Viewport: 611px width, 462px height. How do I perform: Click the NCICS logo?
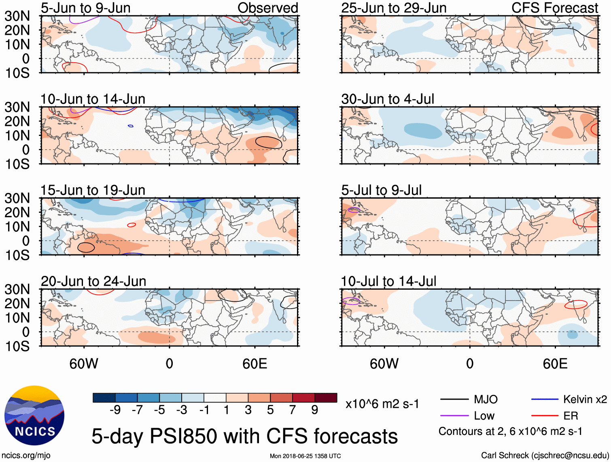[x=34, y=415]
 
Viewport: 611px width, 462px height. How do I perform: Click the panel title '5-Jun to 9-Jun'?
[x=85, y=8]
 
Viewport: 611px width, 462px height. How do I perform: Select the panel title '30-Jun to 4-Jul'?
[x=388, y=99]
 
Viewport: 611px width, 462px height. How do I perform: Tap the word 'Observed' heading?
[x=267, y=8]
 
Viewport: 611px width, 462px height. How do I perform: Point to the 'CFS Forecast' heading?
[x=554, y=8]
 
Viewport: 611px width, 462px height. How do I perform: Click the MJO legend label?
[x=486, y=399]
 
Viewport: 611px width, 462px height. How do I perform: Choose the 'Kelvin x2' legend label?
[x=585, y=399]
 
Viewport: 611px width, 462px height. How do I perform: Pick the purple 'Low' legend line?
[x=454, y=415]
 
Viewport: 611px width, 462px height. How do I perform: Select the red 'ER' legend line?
[x=545, y=415]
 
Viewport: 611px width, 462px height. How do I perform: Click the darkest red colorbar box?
[x=326, y=398]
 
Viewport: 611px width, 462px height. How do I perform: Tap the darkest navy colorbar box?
[x=104, y=398]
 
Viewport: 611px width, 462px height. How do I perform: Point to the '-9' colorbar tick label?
[x=115, y=410]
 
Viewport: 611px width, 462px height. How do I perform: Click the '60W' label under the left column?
[x=84, y=364]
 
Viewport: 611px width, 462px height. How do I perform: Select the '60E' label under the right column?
[x=555, y=364]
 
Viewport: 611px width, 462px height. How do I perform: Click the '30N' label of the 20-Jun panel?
[x=17, y=289]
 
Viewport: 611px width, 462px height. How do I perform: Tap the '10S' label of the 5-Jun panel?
[x=17, y=73]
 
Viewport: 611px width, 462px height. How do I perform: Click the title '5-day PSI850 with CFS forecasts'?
[x=244, y=436]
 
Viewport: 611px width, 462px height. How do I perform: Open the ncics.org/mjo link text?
[x=26, y=455]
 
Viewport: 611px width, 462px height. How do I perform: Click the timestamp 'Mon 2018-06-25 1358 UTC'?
[x=305, y=456]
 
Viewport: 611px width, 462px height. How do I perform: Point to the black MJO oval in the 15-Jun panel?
[x=86, y=247]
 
